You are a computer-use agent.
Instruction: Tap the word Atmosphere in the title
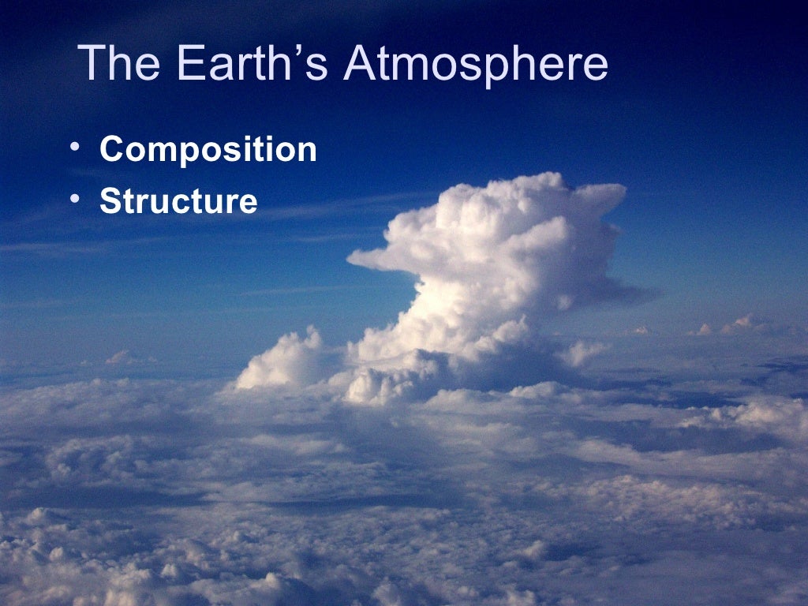tap(476, 63)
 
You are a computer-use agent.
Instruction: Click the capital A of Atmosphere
tap(359, 63)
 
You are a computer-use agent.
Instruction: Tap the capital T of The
tap(92, 63)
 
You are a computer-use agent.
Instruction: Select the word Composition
tap(208, 150)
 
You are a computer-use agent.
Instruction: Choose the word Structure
tap(178, 201)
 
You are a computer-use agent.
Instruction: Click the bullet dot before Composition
tap(73, 148)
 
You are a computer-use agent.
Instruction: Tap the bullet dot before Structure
tap(73, 199)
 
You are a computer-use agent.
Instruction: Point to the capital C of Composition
tap(112, 149)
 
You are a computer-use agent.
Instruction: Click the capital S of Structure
tap(110, 201)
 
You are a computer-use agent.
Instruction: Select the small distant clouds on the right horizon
tap(734, 325)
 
